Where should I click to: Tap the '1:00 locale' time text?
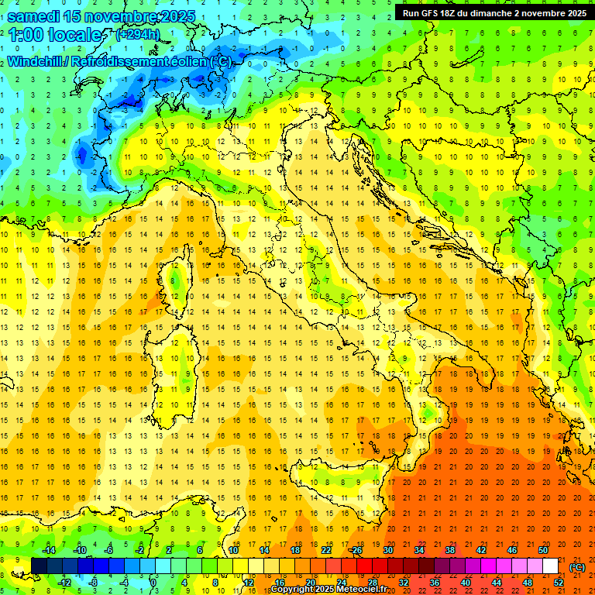(55, 35)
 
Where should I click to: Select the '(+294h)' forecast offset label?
(138, 35)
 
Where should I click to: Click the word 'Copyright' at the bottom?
(294, 590)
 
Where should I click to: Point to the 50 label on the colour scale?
(543, 549)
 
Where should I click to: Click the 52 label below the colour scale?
(559, 582)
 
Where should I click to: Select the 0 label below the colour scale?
(154, 582)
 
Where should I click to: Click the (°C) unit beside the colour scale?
(577, 566)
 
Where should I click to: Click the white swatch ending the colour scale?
(551, 566)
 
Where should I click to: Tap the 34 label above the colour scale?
(419, 549)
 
